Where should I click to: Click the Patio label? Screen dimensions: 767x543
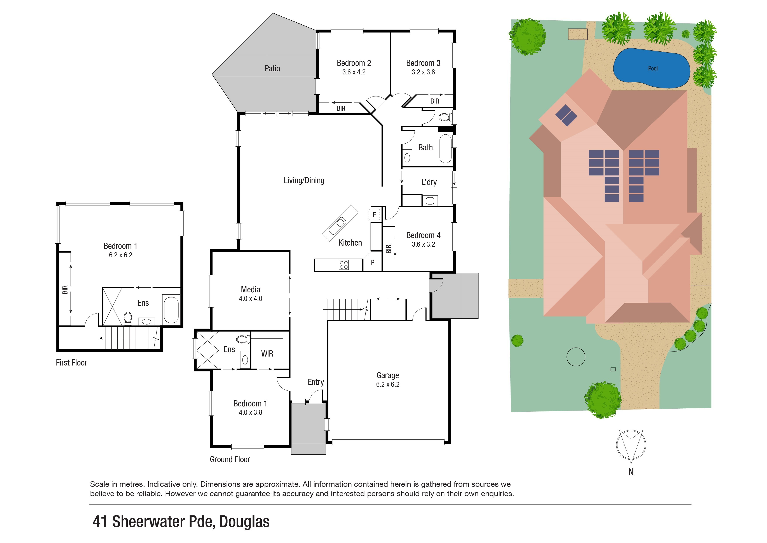[x=272, y=69]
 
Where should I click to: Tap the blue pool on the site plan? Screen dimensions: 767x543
[x=651, y=69]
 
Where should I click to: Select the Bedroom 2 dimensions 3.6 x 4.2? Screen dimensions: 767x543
[x=354, y=72]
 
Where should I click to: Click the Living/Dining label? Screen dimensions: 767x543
[x=304, y=181]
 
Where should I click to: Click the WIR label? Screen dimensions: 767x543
[x=267, y=354]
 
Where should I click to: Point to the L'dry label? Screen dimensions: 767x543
[x=429, y=182]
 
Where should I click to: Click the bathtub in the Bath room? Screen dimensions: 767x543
[x=445, y=148]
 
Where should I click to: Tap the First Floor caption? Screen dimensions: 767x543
[x=71, y=363]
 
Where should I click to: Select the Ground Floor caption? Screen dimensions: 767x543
[x=230, y=459]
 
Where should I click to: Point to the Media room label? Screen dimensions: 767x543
[x=251, y=290]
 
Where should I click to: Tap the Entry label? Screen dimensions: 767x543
[x=316, y=382]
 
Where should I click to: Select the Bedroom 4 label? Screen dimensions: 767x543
[x=423, y=235]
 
